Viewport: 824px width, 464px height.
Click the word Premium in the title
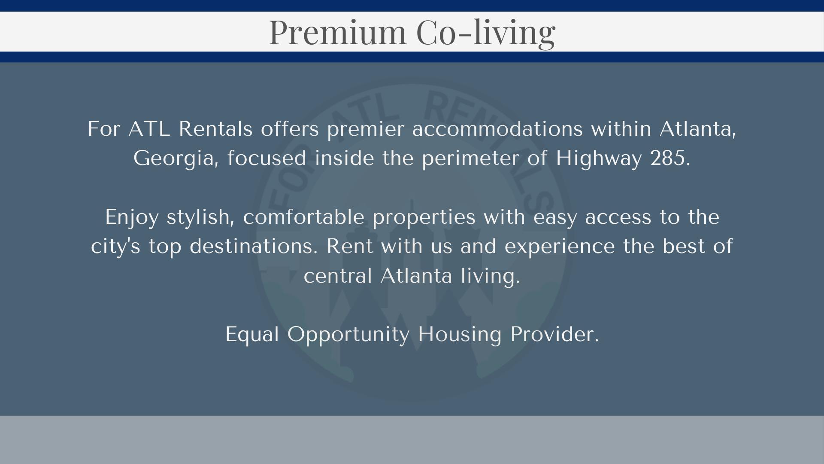coord(337,32)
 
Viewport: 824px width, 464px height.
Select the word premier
coord(366,129)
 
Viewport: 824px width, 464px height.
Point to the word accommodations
coord(497,128)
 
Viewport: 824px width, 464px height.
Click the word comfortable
coord(304,217)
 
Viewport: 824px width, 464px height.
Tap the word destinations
coord(254,246)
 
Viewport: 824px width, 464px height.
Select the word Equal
coord(252,335)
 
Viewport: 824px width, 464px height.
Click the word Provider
coord(554,334)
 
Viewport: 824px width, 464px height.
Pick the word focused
coord(267,158)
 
